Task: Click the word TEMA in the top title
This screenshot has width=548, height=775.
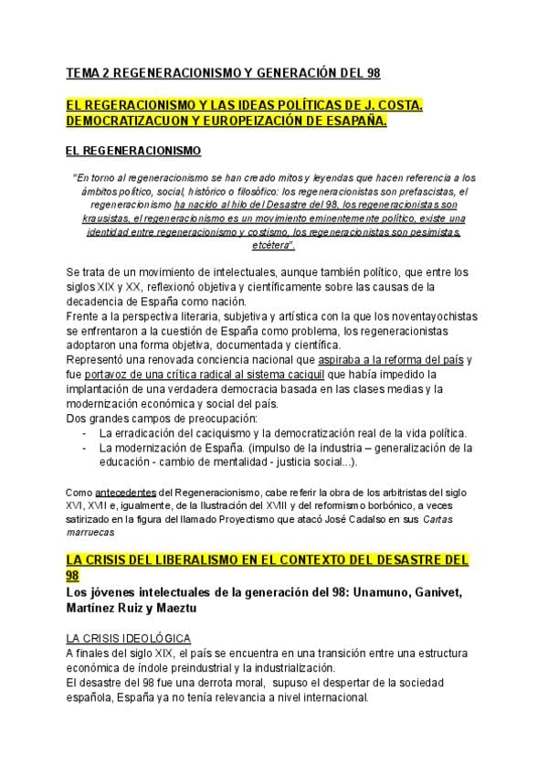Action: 84,73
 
